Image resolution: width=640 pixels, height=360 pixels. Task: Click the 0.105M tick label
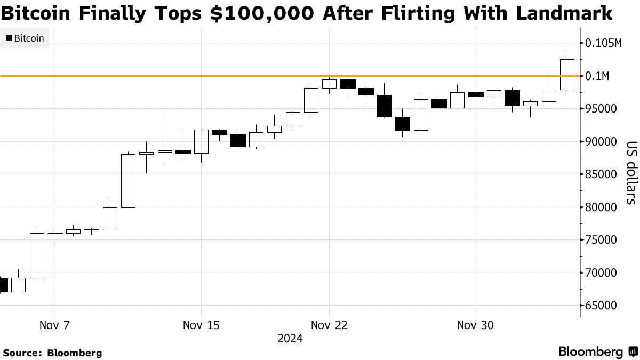(x=603, y=43)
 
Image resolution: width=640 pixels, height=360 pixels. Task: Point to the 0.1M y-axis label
(x=597, y=76)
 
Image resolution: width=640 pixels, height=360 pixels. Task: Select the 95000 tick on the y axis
(x=601, y=109)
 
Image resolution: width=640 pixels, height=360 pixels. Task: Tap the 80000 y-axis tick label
(x=601, y=207)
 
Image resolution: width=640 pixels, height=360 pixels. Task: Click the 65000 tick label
(x=601, y=306)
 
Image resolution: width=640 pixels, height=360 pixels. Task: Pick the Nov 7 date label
(x=55, y=325)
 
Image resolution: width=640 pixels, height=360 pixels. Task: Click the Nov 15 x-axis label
(x=201, y=325)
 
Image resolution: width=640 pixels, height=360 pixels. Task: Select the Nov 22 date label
(x=330, y=325)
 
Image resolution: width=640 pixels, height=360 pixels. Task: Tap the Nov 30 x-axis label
(x=475, y=325)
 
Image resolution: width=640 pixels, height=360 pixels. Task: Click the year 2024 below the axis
(x=290, y=339)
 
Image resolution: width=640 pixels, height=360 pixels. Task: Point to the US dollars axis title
(x=631, y=172)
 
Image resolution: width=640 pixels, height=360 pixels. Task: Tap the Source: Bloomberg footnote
(x=52, y=353)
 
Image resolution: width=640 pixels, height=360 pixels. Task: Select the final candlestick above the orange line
(x=567, y=74)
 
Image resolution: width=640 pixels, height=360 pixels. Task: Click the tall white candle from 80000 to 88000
(x=128, y=180)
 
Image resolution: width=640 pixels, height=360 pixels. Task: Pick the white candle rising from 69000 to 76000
(x=37, y=255)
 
